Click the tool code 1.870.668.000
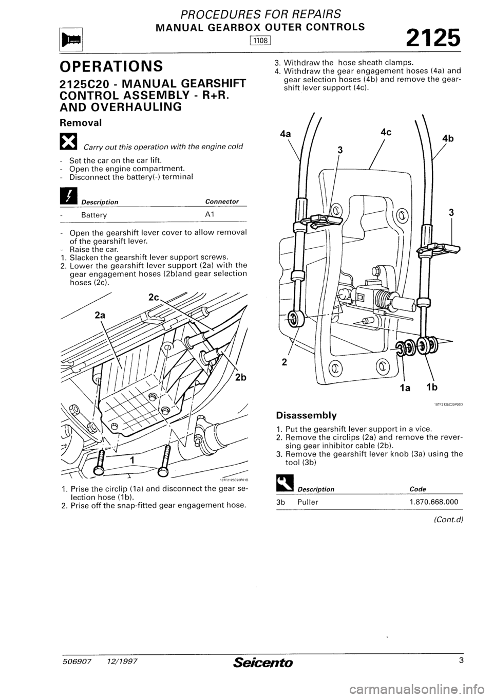[434, 501]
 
